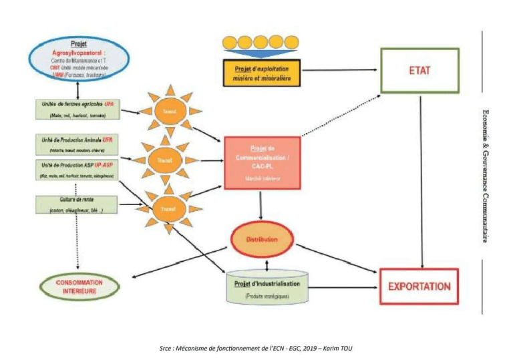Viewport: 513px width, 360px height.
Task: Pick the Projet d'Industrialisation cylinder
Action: (x=267, y=289)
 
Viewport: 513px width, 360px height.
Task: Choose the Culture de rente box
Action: (x=77, y=204)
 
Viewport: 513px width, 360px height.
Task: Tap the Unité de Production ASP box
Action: (x=77, y=170)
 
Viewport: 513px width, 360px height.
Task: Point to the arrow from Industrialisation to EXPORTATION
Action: (x=343, y=288)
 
